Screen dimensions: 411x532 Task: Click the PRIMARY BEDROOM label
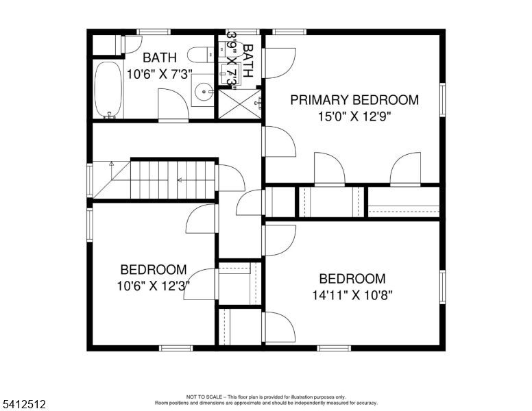(x=354, y=100)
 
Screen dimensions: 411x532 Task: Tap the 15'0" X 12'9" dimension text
(x=354, y=116)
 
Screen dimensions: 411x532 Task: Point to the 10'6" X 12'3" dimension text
(x=153, y=285)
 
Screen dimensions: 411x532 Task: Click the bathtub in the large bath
(x=106, y=90)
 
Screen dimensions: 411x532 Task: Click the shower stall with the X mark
(x=239, y=104)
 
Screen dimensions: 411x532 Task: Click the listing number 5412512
(x=24, y=405)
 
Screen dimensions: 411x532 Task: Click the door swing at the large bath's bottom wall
(x=173, y=107)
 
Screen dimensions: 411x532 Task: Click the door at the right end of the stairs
(x=230, y=178)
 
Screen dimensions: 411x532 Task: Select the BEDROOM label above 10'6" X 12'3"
(x=153, y=269)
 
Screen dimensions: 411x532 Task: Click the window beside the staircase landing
(x=89, y=180)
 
